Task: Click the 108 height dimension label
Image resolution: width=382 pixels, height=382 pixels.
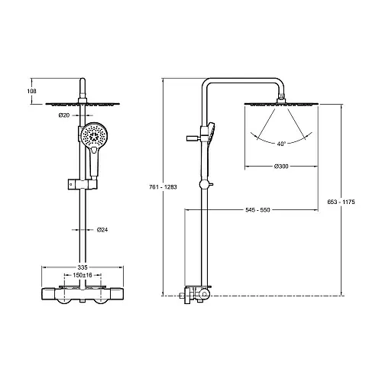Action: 32,91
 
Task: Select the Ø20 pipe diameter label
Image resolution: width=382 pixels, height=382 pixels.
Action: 64,115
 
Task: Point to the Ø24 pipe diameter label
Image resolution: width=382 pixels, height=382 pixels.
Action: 102,230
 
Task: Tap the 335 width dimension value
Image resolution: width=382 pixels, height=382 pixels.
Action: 83,267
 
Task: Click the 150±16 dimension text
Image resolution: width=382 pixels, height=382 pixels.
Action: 83,275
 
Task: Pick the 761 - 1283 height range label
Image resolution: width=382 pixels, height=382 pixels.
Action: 163,187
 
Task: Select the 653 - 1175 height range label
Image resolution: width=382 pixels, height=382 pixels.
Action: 341,202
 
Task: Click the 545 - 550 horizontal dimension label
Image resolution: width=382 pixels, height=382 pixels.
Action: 257,210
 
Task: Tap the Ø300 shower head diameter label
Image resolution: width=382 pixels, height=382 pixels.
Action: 281,167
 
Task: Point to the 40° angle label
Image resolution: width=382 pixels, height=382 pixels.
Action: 281,144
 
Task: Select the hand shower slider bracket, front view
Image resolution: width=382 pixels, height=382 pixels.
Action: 83,184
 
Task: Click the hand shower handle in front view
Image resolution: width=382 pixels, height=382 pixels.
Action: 94,162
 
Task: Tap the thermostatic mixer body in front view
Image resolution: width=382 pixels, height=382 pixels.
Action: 83,294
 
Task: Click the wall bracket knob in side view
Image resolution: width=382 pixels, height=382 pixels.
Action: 193,138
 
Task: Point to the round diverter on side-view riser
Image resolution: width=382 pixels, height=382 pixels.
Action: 204,185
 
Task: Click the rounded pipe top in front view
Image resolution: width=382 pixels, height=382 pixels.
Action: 83,81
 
